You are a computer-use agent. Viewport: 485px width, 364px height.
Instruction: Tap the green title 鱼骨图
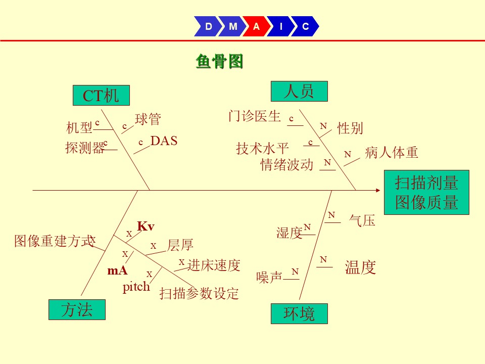click(219, 61)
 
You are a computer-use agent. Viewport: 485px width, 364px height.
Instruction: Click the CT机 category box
click(101, 96)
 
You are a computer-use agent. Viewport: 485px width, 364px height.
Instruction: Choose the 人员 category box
click(299, 92)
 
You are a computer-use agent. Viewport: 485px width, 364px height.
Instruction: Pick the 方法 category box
click(77, 309)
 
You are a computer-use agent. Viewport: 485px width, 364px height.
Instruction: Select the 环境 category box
click(299, 313)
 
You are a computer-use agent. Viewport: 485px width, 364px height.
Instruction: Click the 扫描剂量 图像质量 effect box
click(426, 192)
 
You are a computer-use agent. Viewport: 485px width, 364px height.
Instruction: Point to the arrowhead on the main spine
click(378, 191)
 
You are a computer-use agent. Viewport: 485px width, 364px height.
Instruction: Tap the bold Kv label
click(145, 226)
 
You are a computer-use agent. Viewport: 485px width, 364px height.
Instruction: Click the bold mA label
click(117, 270)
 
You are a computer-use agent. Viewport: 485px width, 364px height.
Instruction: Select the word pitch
click(136, 287)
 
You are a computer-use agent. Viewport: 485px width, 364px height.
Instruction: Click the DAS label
click(164, 141)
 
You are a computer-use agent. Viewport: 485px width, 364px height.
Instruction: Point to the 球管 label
click(148, 119)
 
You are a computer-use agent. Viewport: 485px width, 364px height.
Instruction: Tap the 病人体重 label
click(391, 153)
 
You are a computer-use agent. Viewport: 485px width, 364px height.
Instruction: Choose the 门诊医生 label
click(255, 116)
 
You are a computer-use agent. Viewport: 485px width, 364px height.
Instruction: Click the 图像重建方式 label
click(55, 241)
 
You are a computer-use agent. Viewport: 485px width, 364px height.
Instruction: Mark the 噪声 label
click(269, 278)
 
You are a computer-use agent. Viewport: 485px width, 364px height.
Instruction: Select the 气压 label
click(362, 221)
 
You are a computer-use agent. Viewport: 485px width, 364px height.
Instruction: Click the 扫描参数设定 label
click(199, 293)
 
